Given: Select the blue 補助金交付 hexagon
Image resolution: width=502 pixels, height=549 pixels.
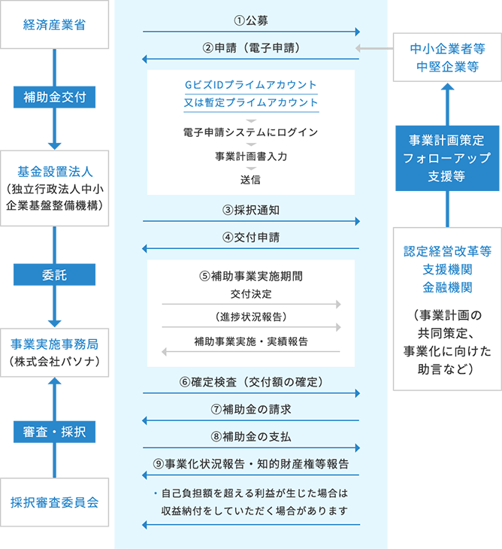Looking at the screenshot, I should point(55,98).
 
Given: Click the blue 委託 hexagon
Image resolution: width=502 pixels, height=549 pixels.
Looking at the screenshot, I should point(55,275).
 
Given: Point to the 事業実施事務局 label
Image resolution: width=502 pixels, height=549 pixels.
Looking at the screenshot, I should point(55,344).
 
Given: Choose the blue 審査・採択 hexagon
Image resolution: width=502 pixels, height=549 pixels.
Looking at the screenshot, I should point(55,432).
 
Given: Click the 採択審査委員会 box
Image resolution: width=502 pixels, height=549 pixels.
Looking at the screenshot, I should point(55,502).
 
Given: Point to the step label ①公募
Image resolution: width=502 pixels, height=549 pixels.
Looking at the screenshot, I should point(251,19).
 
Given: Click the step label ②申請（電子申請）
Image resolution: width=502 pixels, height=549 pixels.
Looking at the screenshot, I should point(251,47).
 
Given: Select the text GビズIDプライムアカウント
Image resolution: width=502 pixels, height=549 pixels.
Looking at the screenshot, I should point(251,84).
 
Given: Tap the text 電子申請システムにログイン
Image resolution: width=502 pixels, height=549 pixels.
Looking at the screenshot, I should point(251,132).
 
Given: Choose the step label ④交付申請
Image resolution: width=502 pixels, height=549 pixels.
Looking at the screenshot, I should point(251,237).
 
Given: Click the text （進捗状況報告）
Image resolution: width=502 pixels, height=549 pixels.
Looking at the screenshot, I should point(251,315).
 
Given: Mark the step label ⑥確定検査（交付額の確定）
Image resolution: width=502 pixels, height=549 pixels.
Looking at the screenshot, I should point(251,381).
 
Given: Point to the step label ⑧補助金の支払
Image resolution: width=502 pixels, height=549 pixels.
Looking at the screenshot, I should point(251,436).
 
